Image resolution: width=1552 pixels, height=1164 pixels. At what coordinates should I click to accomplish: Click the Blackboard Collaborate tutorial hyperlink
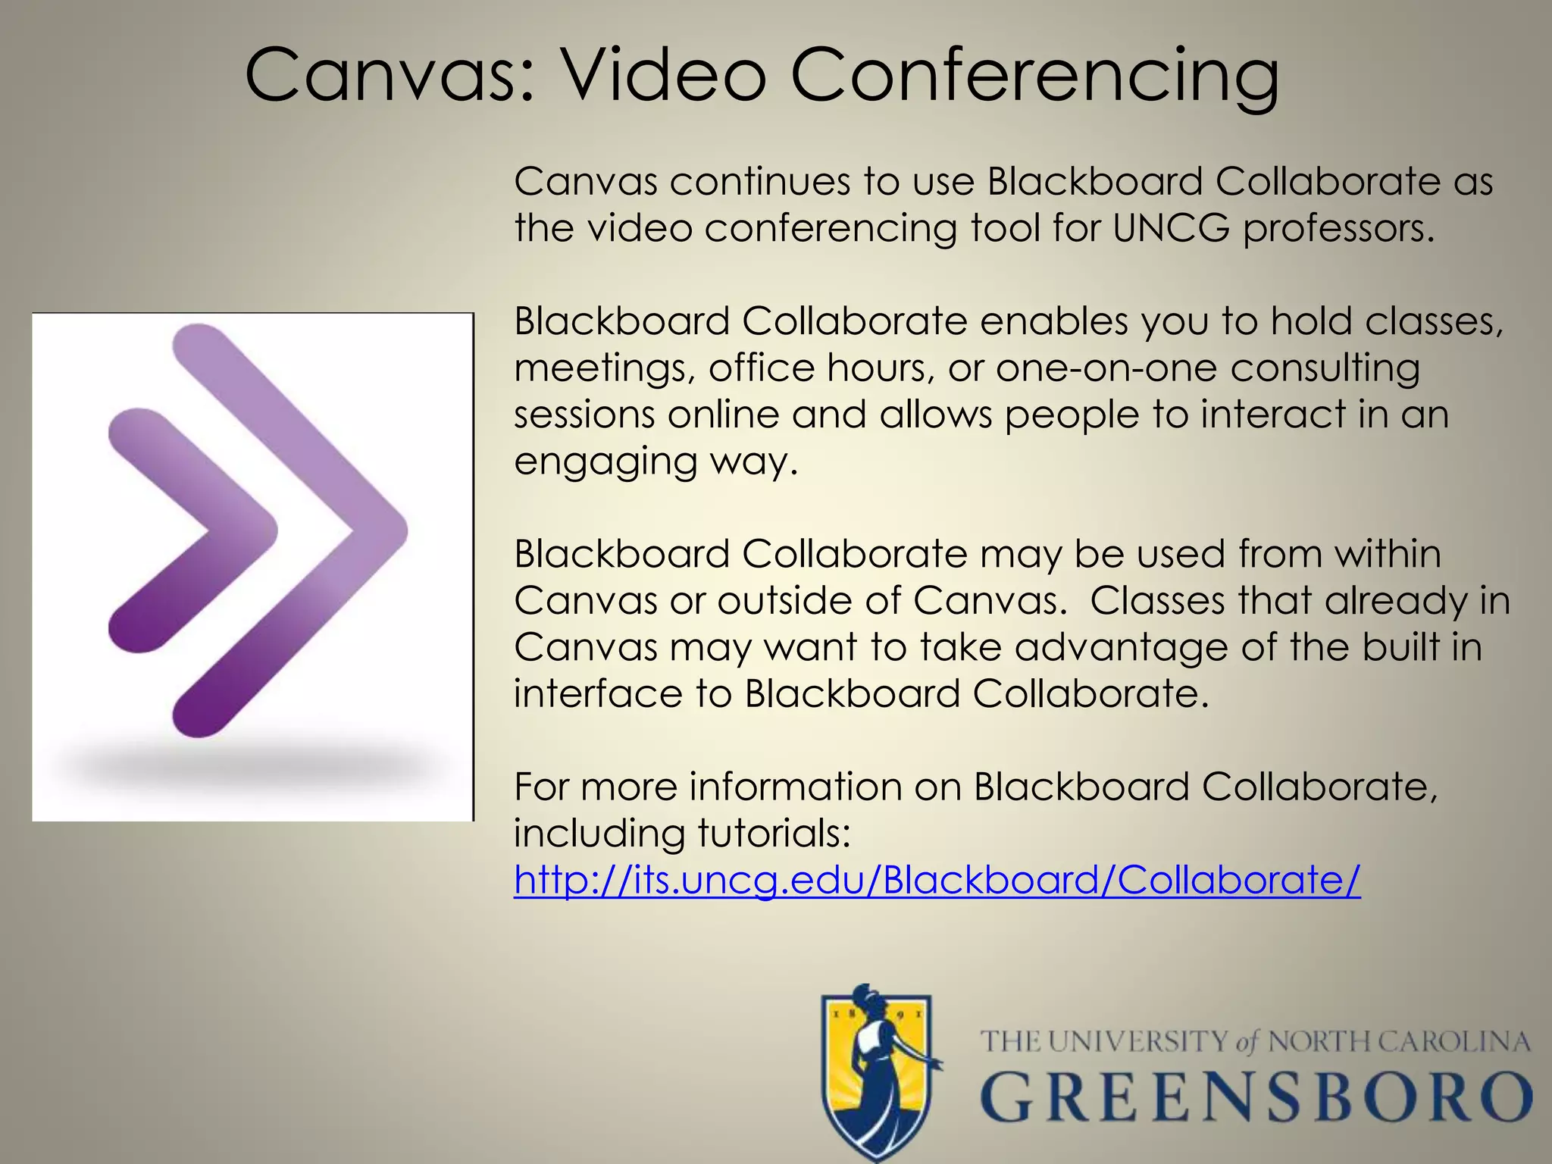click(x=937, y=881)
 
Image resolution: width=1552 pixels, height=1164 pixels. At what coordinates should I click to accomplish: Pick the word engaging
click(x=605, y=462)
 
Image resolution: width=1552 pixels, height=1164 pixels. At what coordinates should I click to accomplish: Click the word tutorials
click(x=774, y=834)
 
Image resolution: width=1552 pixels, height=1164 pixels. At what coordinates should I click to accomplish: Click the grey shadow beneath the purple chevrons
click(x=250, y=765)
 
